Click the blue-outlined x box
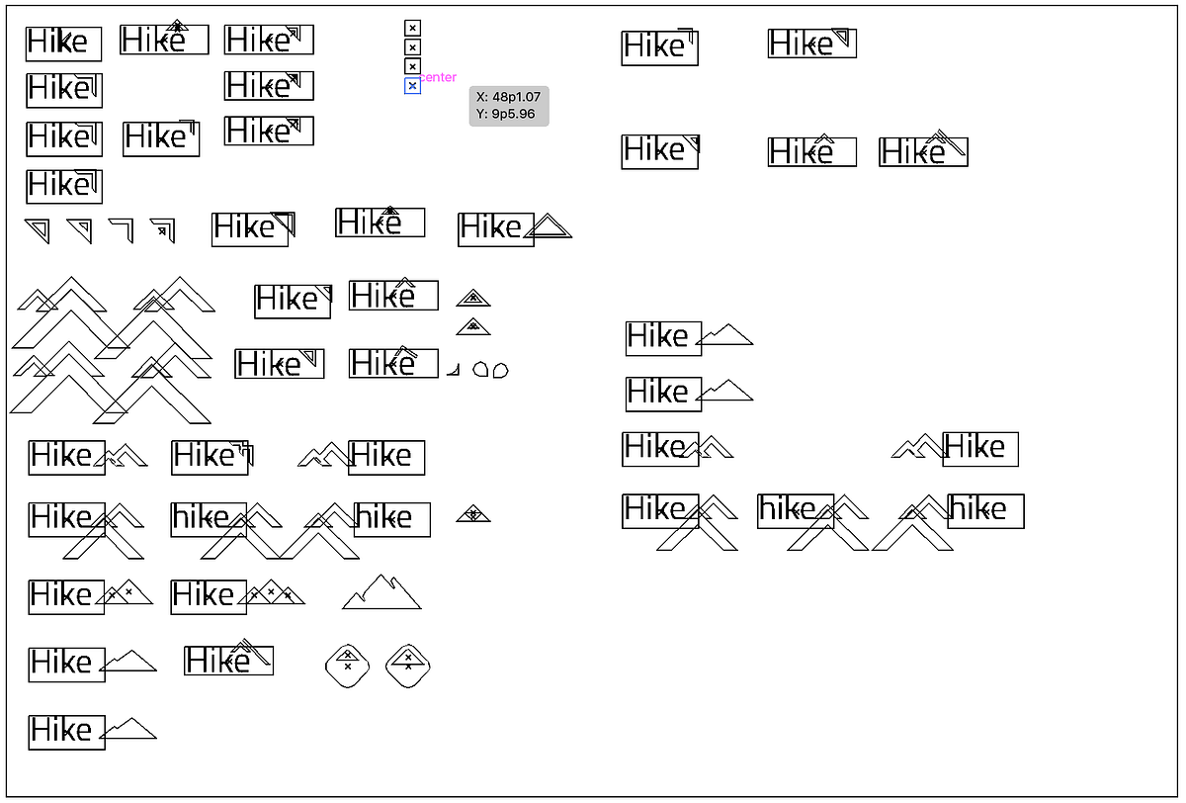point(412,86)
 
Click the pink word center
point(438,77)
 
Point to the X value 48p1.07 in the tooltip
point(516,97)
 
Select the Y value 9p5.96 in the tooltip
point(513,114)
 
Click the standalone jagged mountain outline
point(381,591)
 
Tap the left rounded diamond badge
point(347,666)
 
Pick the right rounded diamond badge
point(407,666)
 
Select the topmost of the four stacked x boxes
point(412,28)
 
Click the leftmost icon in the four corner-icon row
point(38,230)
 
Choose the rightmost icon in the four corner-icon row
point(163,230)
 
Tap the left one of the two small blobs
point(480,369)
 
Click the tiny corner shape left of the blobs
point(454,370)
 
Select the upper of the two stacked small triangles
point(473,298)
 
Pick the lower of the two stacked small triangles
point(473,326)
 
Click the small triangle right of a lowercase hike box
point(473,514)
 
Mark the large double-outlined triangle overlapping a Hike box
point(548,226)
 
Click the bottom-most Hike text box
point(67,732)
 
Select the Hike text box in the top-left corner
point(63,44)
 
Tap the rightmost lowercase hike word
point(977,509)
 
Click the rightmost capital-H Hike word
point(974,447)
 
